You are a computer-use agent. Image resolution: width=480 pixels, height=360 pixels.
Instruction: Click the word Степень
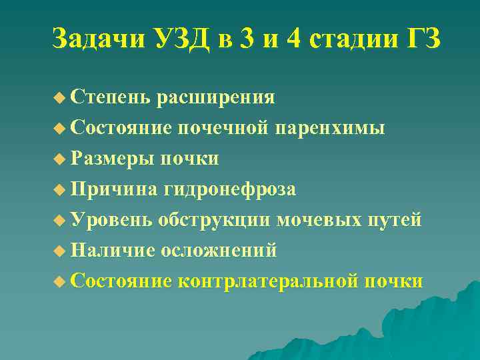pos(110,97)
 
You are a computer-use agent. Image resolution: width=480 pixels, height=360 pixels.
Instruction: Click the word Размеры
pos(110,159)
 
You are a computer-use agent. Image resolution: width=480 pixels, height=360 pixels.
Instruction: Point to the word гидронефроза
pos(227,189)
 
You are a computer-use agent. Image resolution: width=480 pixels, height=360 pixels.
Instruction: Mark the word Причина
pos(111,189)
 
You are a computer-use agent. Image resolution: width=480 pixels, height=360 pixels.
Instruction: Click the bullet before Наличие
pos(59,251)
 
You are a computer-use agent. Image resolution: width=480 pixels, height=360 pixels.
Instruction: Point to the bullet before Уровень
pos(59,221)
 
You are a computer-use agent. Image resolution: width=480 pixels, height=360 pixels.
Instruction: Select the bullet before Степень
pos(59,98)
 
